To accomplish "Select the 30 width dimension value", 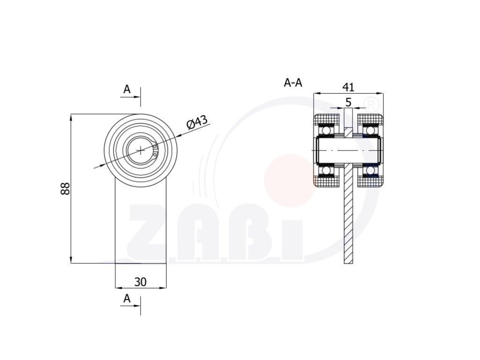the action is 141,282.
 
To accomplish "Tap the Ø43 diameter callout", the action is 197,122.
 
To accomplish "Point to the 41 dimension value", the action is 348,87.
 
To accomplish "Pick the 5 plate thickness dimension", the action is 348,102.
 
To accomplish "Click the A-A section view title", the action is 293,83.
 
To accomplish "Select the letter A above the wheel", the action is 127,89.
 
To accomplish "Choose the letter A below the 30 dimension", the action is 127,298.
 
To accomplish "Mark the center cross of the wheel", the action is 141,150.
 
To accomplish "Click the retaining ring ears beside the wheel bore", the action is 155,150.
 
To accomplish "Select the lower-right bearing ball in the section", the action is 370,171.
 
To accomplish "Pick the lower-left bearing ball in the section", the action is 327,171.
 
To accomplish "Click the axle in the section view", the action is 348,150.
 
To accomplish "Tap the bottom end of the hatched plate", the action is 348,261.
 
